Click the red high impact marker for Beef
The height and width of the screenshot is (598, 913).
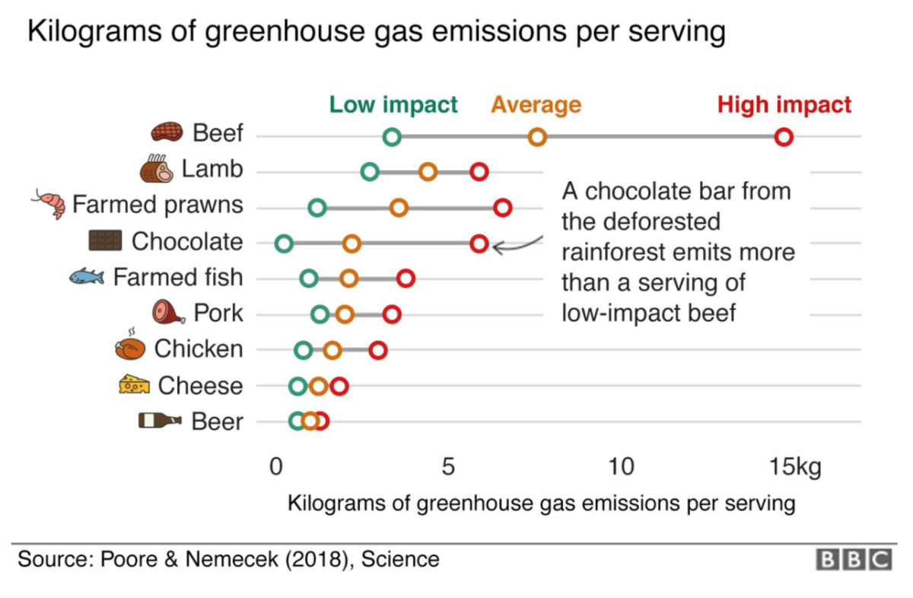(x=784, y=137)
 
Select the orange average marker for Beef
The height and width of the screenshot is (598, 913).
(x=537, y=137)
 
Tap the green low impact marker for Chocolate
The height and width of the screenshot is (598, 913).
(x=284, y=243)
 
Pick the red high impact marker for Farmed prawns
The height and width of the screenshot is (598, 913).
(x=502, y=208)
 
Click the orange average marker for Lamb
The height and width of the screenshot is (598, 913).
(x=428, y=172)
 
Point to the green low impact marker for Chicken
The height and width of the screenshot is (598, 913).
(x=303, y=350)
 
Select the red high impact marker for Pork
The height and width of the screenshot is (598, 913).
(x=391, y=314)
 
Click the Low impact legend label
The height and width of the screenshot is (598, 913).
(x=393, y=104)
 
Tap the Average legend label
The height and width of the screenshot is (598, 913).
(x=536, y=104)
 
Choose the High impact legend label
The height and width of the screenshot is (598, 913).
(x=784, y=104)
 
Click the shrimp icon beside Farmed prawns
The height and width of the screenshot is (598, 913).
(x=49, y=203)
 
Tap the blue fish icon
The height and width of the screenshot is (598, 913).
(x=86, y=277)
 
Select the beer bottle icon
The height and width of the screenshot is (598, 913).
(x=160, y=421)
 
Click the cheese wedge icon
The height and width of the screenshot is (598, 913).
(x=134, y=385)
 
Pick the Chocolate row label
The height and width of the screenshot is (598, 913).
(x=187, y=242)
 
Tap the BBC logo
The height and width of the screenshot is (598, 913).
(x=853, y=559)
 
